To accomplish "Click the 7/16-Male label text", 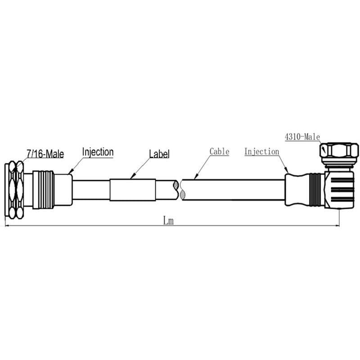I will pyautogui.click(x=45, y=154).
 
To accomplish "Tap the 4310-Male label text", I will pyautogui.click(x=302, y=136).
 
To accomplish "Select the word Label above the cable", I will pyautogui.click(x=159, y=153).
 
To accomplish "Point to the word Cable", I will pyautogui.click(x=220, y=152).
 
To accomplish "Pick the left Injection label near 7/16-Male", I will pyautogui.click(x=98, y=152).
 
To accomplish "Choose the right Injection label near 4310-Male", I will pyautogui.click(x=262, y=152).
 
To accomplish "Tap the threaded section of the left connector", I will pyautogui.click(x=44, y=190).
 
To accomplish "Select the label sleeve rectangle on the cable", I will pyautogui.click(x=133, y=189).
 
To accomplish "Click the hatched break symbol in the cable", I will pyautogui.click(x=182, y=190).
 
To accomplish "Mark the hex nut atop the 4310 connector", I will pyautogui.click(x=339, y=149).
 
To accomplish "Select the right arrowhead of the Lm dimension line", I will pyautogui.click(x=337, y=225).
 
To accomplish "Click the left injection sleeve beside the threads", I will pyautogui.click(x=63, y=189).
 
